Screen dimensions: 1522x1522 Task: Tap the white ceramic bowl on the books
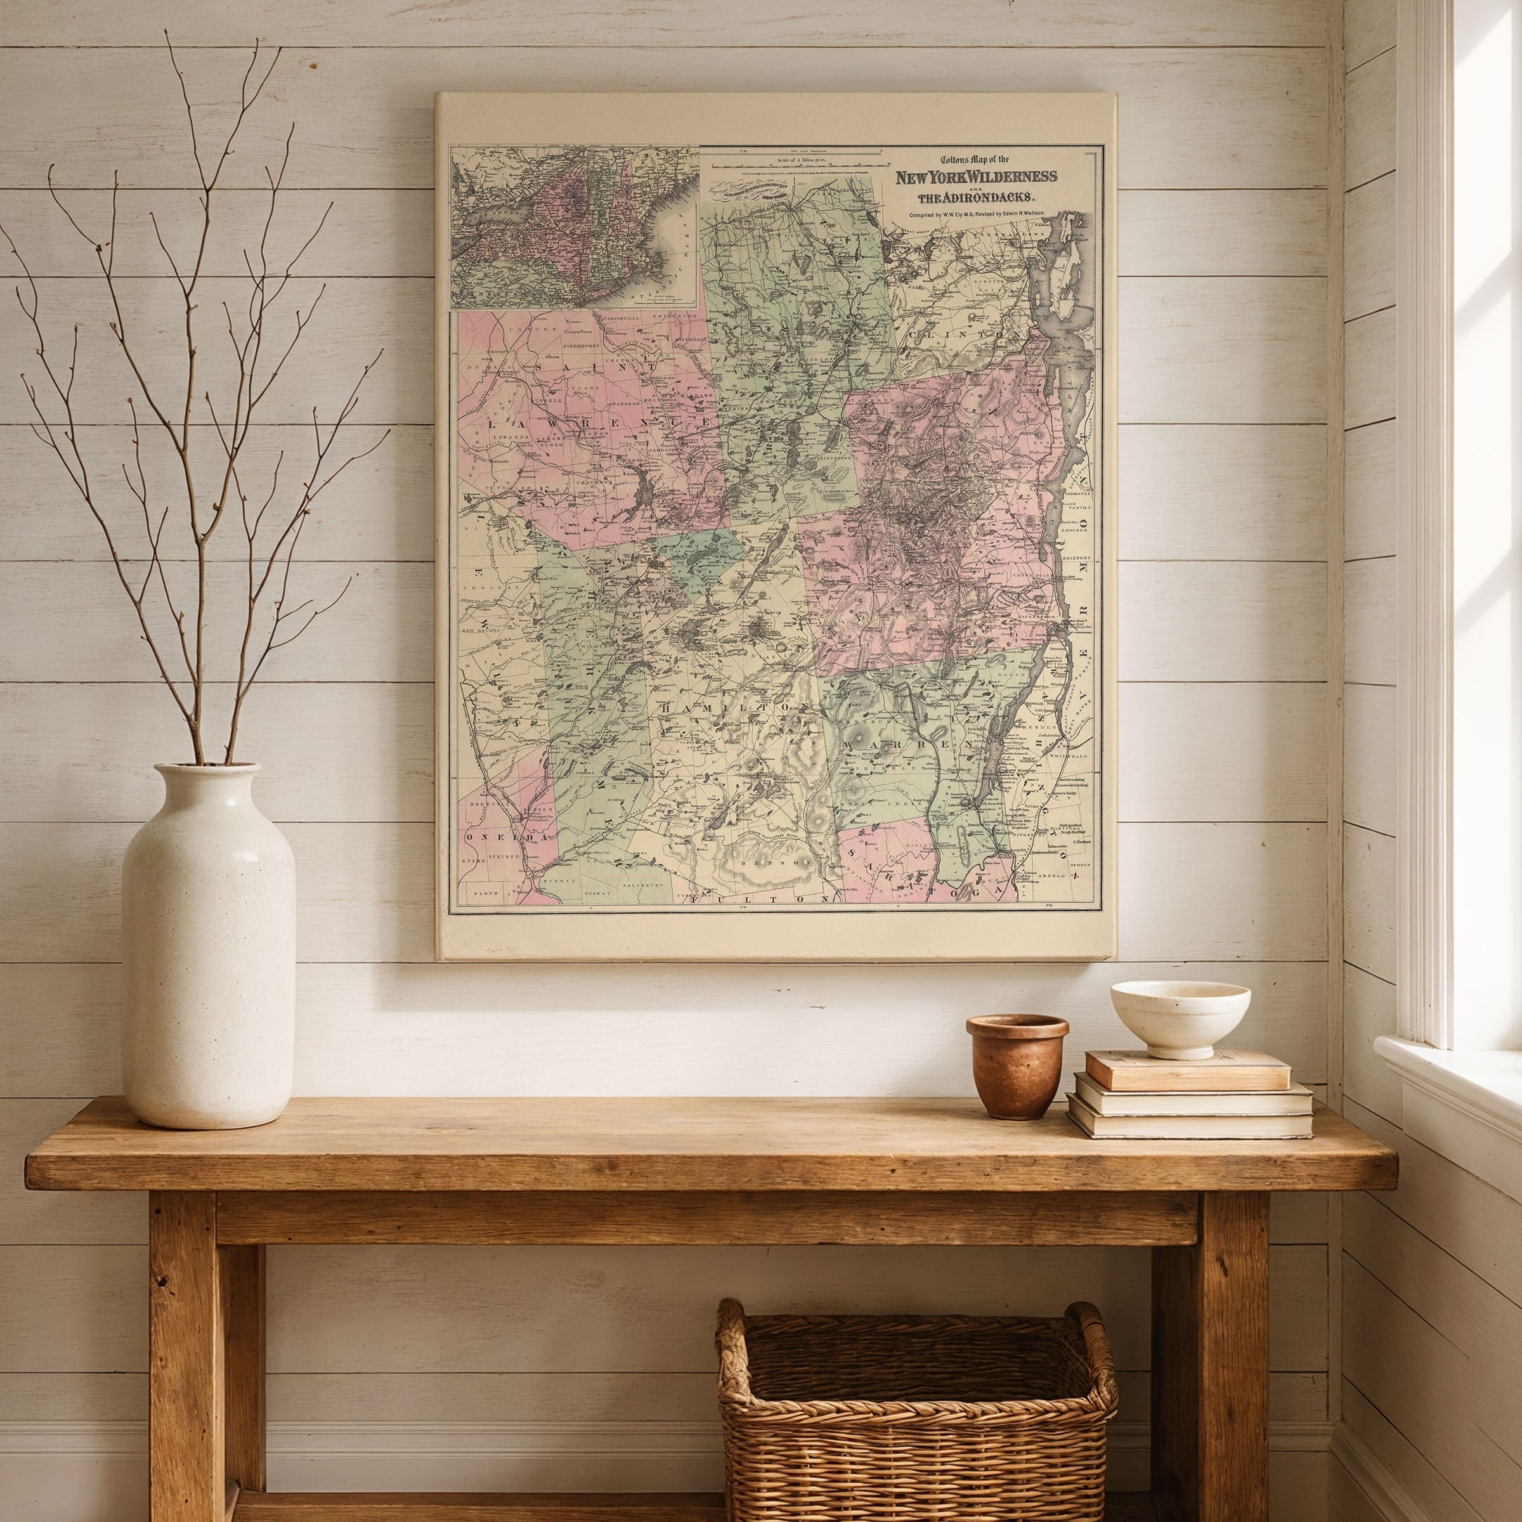click(x=1180, y=1016)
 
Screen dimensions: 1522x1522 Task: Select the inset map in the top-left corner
click(x=573, y=228)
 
